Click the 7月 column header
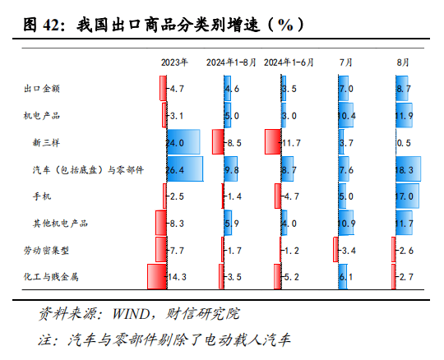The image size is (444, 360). (x=346, y=62)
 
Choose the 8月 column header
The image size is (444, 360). (x=403, y=62)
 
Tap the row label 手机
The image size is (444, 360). (x=41, y=196)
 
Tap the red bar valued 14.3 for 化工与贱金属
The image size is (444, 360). (x=156, y=277)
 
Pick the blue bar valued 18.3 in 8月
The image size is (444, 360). (x=408, y=169)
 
